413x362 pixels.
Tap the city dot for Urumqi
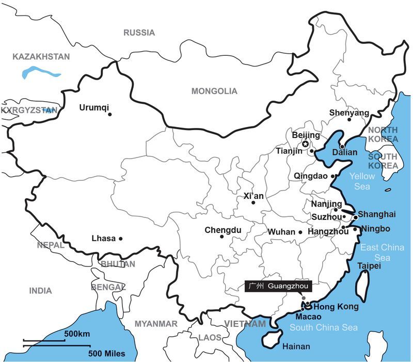[x=110, y=114]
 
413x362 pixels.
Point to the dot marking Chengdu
[x=221, y=237]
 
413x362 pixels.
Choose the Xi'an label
[x=253, y=196]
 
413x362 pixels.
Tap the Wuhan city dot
[x=300, y=232]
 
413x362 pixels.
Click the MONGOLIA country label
[x=214, y=91]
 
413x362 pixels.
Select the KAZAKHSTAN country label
[x=41, y=56]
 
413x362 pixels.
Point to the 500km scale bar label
[x=77, y=334]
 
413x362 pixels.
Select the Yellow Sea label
[x=362, y=181]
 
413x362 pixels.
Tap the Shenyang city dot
[x=349, y=120]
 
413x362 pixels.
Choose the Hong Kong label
[x=336, y=307]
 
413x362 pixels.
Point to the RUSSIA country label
[x=139, y=33]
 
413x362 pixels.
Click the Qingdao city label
[x=311, y=176]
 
